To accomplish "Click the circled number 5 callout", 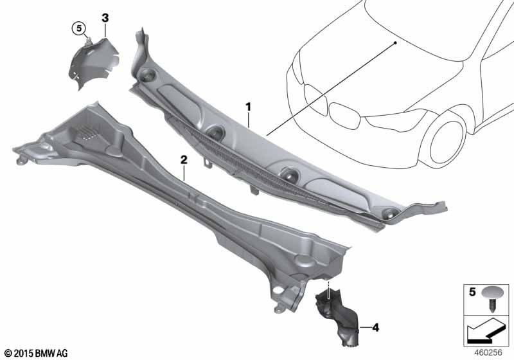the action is tap(79, 28).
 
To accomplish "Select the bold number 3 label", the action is tap(105, 18).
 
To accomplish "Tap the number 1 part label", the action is tap(249, 107).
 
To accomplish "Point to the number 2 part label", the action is tap(184, 160).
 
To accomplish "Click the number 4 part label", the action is tap(376, 327).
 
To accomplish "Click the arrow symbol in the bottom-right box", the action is tap(484, 330).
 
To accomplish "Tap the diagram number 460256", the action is tap(488, 352).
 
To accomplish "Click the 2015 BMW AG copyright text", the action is tap(37, 353).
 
